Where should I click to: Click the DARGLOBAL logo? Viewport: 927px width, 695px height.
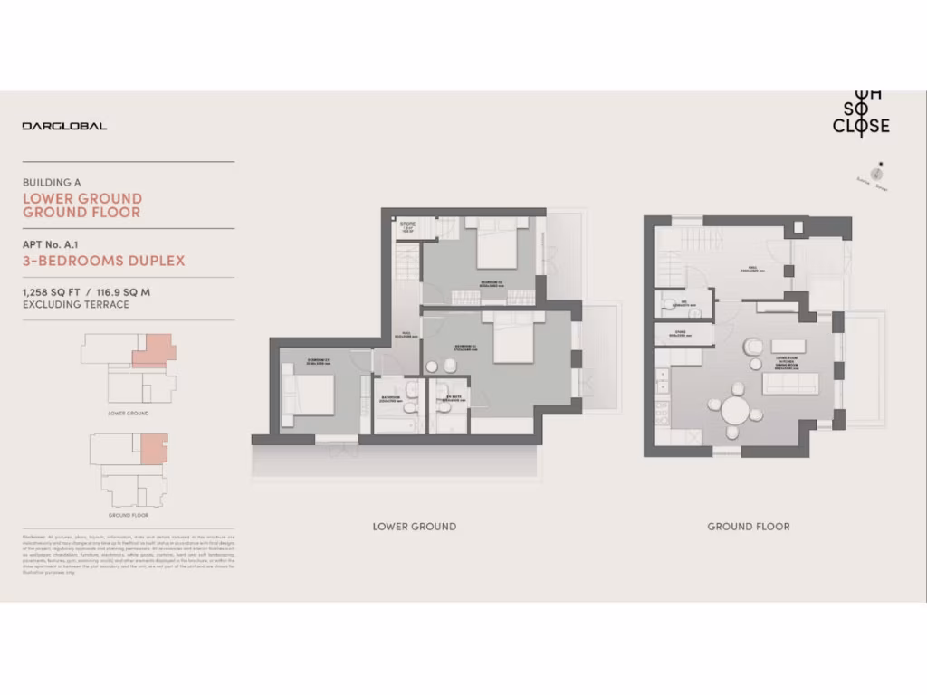tap(64, 126)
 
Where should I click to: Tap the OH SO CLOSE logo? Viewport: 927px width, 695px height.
tap(861, 112)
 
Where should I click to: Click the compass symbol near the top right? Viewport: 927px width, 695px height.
tap(876, 173)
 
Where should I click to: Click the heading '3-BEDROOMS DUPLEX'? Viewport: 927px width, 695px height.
tap(103, 261)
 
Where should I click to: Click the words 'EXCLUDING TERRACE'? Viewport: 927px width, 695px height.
tap(75, 305)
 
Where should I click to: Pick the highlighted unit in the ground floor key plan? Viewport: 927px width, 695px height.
tap(153, 448)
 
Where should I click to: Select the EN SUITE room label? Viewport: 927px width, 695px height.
tap(449, 395)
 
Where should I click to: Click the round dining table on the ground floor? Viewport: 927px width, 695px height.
tap(736, 412)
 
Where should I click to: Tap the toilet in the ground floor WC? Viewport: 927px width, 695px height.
tap(664, 304)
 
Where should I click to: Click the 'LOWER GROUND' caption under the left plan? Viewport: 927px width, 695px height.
tap(415, 527)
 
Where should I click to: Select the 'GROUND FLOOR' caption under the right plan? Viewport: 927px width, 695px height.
tap(749, 527)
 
